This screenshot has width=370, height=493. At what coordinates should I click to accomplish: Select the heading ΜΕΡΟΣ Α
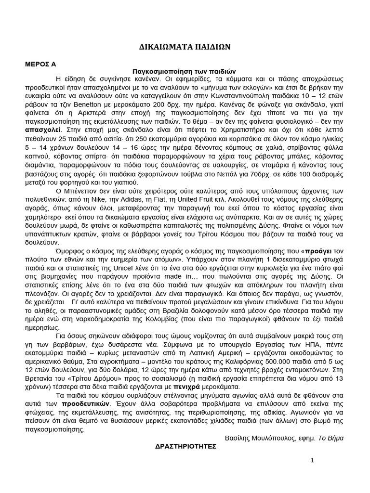(x=41, y=64)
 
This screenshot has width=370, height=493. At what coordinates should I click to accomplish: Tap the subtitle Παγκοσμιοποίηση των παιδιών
(x=185, y=70)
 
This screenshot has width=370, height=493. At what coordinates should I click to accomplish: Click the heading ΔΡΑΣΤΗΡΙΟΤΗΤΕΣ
(x=185, y=446)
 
